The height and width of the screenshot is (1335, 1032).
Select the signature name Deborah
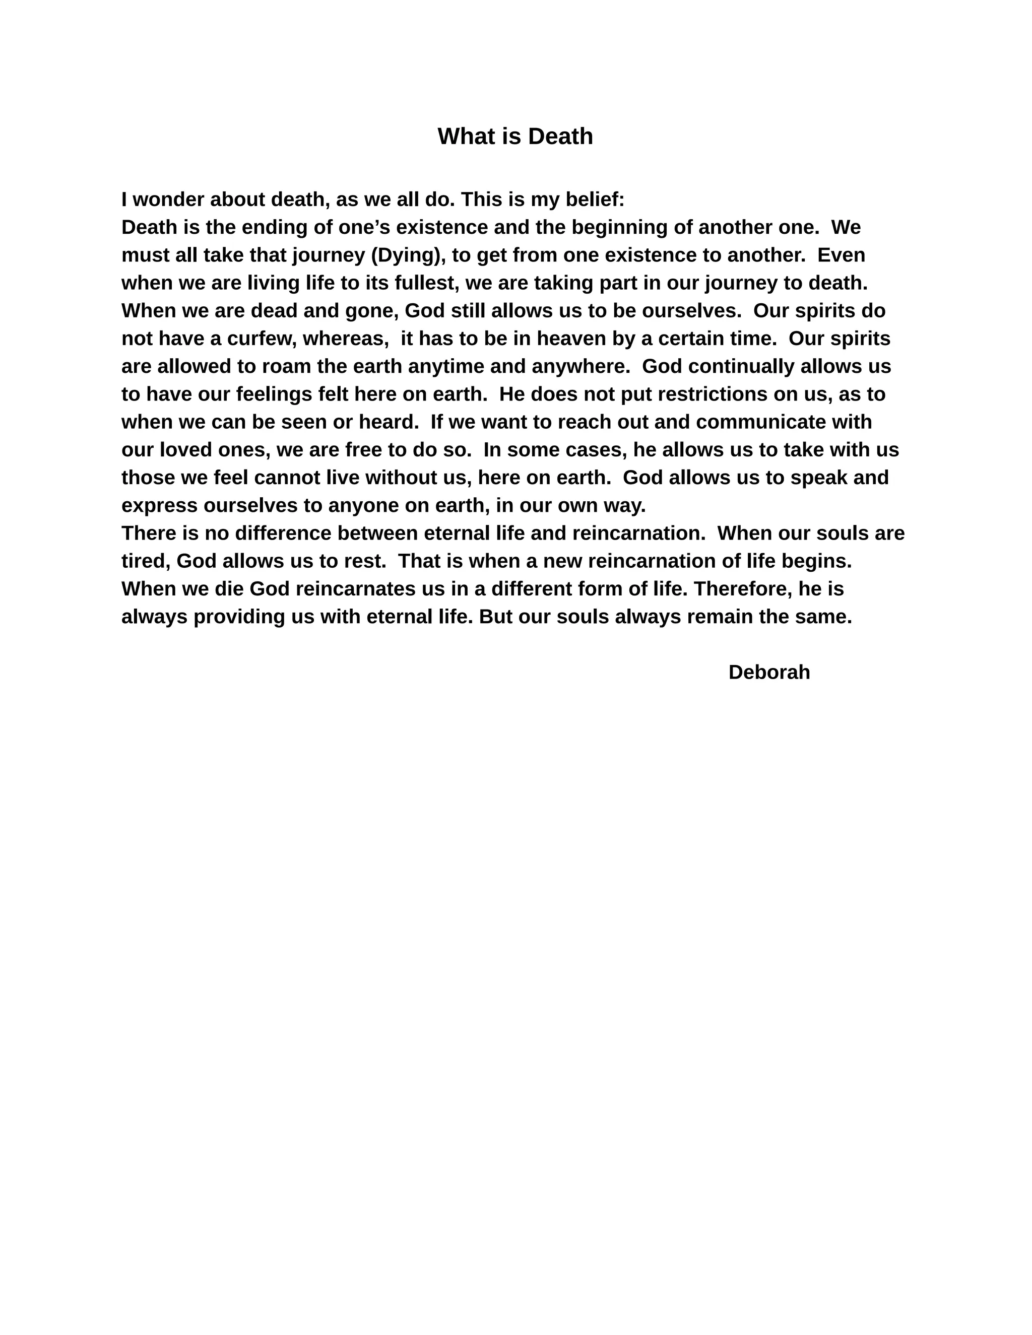coord(768,673)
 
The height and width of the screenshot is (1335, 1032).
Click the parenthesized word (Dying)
coord(408,255)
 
